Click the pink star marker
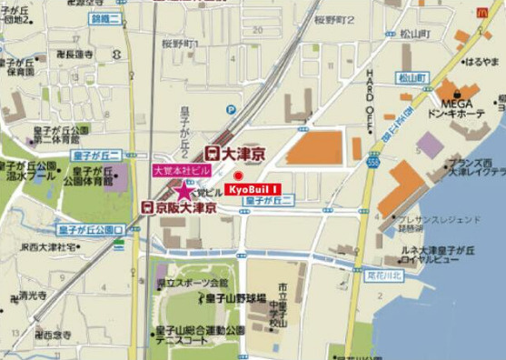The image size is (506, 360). pyautogui.click(x=184, y=191)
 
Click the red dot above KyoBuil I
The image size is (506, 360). pyautogui.click(x=239, y=175)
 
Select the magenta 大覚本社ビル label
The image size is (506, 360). pyautogui.click(x=181, y=171)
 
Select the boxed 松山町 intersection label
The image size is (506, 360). pyautogui.click(x=412, y=77)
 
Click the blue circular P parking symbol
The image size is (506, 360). pyautogui.click(x=230, y=110)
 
